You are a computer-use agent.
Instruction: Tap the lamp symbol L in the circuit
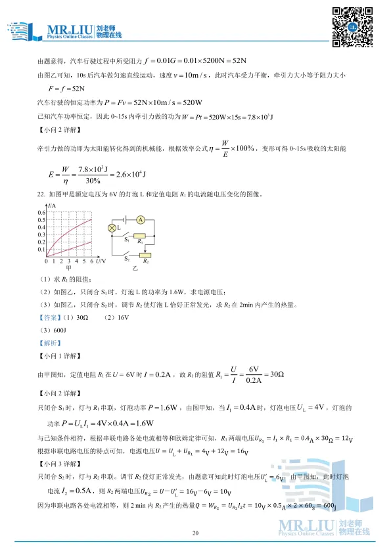(112, 228)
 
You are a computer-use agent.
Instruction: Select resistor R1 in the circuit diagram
(139, 235)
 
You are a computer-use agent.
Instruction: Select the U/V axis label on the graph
(99, 261)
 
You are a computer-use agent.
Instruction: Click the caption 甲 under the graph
(68, 269)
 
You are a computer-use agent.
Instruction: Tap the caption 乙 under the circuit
(135, 269)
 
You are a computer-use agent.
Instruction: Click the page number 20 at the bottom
(195, 533)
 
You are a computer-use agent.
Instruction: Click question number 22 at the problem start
(41, 194)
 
